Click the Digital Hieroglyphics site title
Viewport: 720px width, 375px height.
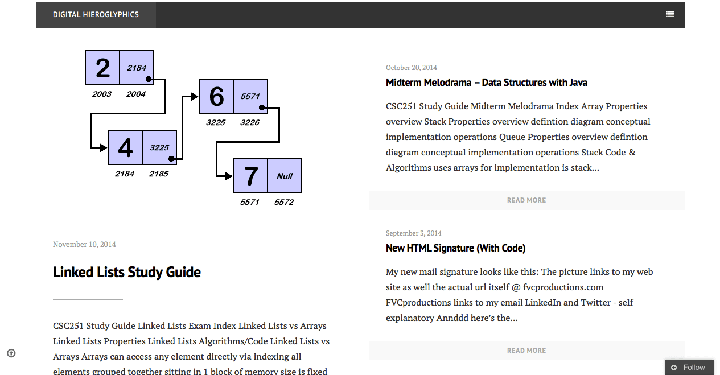96,14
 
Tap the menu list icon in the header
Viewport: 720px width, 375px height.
670,14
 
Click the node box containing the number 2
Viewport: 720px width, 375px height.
102,68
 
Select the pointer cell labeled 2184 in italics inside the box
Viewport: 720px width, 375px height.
137,68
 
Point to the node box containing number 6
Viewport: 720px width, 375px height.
216,96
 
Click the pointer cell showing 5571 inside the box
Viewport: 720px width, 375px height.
250,96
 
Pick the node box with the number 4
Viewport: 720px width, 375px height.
125,147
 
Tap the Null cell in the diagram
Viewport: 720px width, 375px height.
285,176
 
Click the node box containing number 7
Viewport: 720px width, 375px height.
250,176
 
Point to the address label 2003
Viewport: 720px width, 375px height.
101,94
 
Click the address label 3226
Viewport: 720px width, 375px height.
250,122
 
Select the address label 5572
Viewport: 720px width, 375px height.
284,202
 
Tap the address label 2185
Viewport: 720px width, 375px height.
158,174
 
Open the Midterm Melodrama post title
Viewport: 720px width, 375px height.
486,83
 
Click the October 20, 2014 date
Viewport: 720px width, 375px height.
411,68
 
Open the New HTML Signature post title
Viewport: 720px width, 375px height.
455,248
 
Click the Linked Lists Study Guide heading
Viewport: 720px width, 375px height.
127,272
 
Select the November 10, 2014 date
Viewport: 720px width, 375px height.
84,244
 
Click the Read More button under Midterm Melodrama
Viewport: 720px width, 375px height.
526,200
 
